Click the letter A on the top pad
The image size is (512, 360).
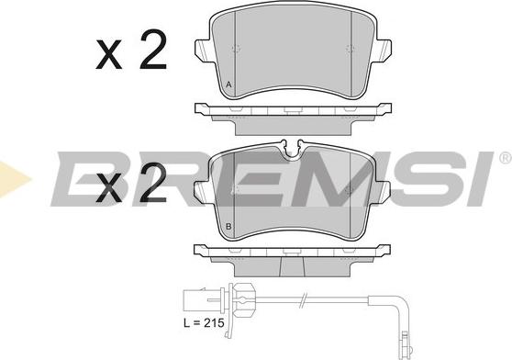(228, 84)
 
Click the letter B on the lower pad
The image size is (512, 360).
(228, 226)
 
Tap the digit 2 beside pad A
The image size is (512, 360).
(153, 50)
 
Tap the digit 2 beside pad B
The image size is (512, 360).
(153, 182)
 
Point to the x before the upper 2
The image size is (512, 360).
(109, 54)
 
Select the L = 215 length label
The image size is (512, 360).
(204, 323)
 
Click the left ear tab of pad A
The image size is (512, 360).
(203, 51)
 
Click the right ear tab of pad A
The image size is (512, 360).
(383, 51)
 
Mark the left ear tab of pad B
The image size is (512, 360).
(203, 192)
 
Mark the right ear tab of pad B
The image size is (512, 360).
(382, 192)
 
